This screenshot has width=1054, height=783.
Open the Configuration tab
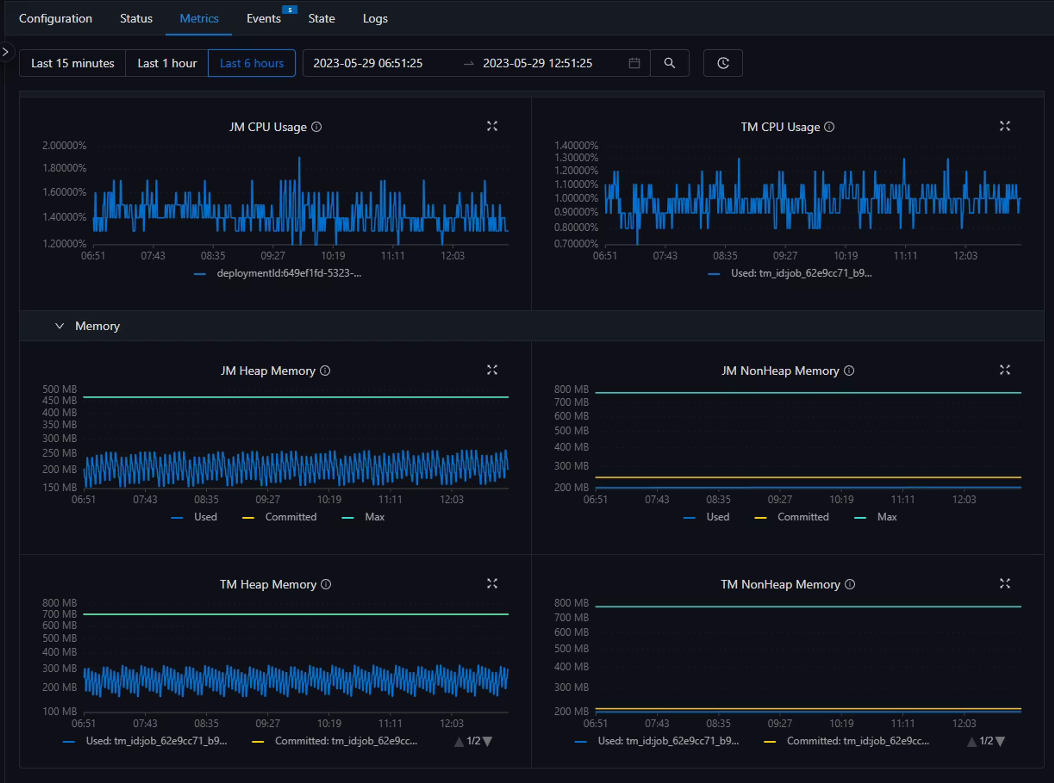point(55,18)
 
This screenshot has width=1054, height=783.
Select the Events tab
point(263,18)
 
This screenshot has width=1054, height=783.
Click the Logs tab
point(375,18)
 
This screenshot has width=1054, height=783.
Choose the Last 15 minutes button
point(72,63)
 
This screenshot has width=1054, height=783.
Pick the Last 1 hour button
point(167,63)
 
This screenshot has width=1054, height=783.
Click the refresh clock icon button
point(723,63)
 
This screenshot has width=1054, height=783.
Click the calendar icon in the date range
point(634,63)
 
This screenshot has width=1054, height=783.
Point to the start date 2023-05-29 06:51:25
point(368,63)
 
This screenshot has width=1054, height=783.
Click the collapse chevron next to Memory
point(59,326)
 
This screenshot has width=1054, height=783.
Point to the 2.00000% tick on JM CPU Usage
point(65,145)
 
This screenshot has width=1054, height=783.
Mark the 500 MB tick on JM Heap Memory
point(60,389)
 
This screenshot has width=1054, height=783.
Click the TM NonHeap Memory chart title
point(780,584)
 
